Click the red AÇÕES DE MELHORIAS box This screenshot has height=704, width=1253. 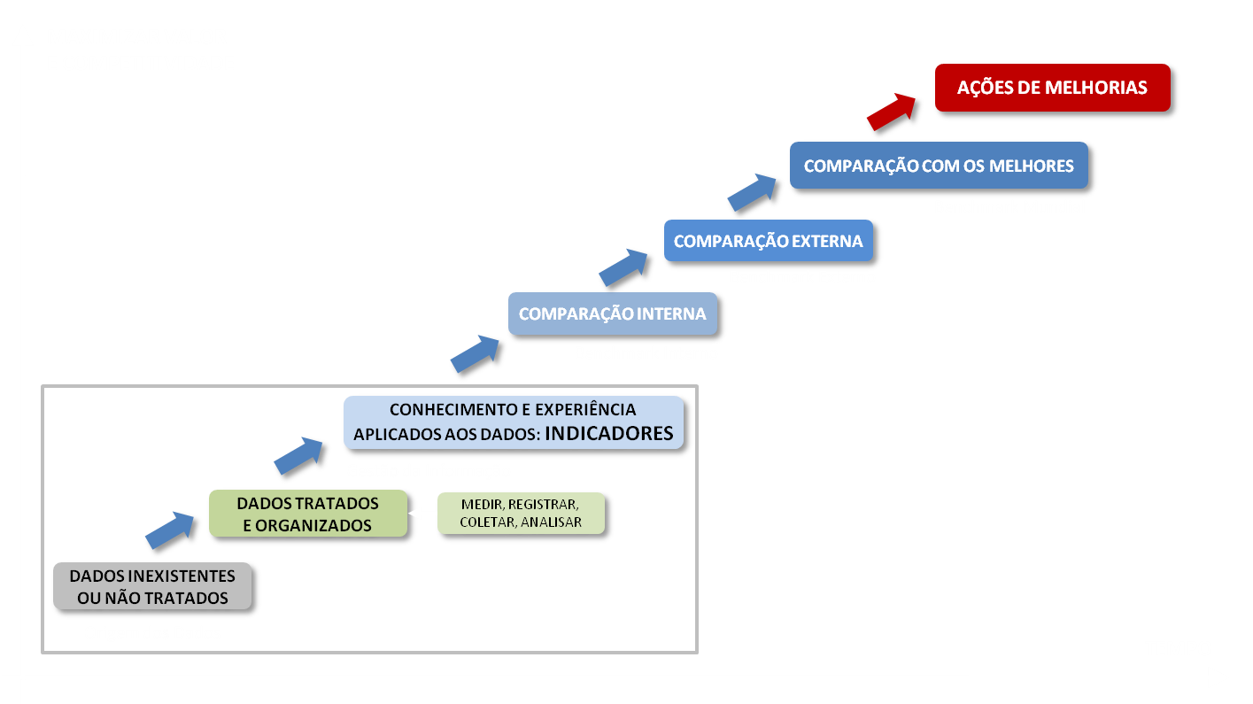tap(1052, 88)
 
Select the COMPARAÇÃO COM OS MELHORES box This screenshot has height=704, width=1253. tap(939, 166)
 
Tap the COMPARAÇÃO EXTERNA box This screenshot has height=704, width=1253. tap(768, 241)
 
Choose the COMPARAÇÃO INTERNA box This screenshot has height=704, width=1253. tap(612, 313)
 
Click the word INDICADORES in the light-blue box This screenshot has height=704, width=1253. tap(608, 434)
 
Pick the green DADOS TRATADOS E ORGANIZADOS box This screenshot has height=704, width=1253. tap(307, 514)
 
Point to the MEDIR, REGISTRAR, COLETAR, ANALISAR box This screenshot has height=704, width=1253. tap(521, 513)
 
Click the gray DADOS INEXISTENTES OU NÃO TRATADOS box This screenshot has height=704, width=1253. tap(152, 586)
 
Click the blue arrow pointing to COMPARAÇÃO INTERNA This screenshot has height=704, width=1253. tap(475, 353)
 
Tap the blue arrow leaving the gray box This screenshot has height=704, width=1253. tap(170, 530)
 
